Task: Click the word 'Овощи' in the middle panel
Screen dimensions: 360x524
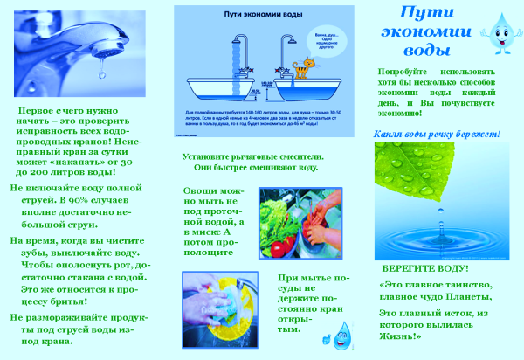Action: pos(200,190)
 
